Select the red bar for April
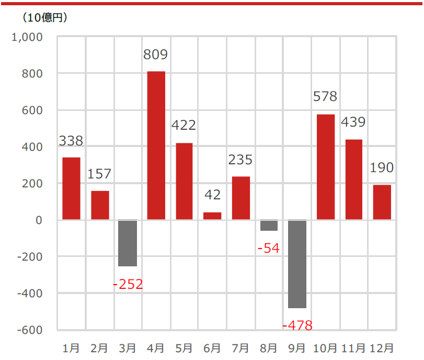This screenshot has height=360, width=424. click(156, 145)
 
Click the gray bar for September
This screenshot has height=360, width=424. click(297, 264)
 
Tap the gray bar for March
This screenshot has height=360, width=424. click(128, 243)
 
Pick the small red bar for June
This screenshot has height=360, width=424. click(212, 216)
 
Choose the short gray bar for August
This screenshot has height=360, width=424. click(269, 225)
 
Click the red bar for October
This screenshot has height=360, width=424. click(326, 167)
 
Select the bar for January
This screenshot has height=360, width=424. click(71, 188)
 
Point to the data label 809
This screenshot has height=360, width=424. click(156, 54)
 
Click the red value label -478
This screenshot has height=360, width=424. click(297, 326)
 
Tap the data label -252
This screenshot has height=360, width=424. click(128, 285)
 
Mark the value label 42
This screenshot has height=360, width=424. click(212, 195)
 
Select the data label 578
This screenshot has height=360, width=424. click(325, 97)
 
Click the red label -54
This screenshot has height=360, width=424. click(269, 249)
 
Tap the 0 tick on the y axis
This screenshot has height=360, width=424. click(39, 220)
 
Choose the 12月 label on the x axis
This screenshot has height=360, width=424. click(382, 348)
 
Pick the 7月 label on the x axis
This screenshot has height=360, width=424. click(240, 348)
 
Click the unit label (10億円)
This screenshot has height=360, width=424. click(44, 17)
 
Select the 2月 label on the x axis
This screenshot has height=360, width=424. click(99, 348)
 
